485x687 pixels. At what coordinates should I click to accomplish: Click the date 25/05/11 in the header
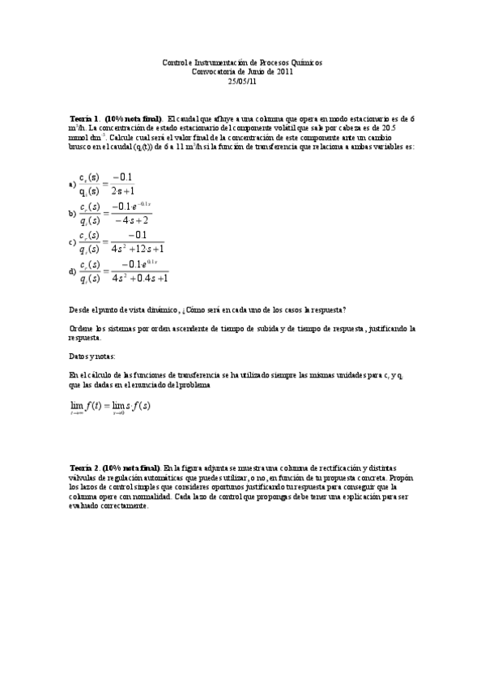[x=242, y=81]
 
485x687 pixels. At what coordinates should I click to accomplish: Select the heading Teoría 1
[x=85, y=117]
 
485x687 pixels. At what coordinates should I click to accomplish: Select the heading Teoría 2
[x=85, y=467]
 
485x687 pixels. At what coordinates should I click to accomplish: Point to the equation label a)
[x=73, y=184]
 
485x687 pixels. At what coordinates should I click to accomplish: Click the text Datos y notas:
[x=92, y=356]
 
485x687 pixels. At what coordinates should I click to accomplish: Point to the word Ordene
[x=83, y=328]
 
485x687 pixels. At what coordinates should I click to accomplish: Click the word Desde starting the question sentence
[x=81, y=309]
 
